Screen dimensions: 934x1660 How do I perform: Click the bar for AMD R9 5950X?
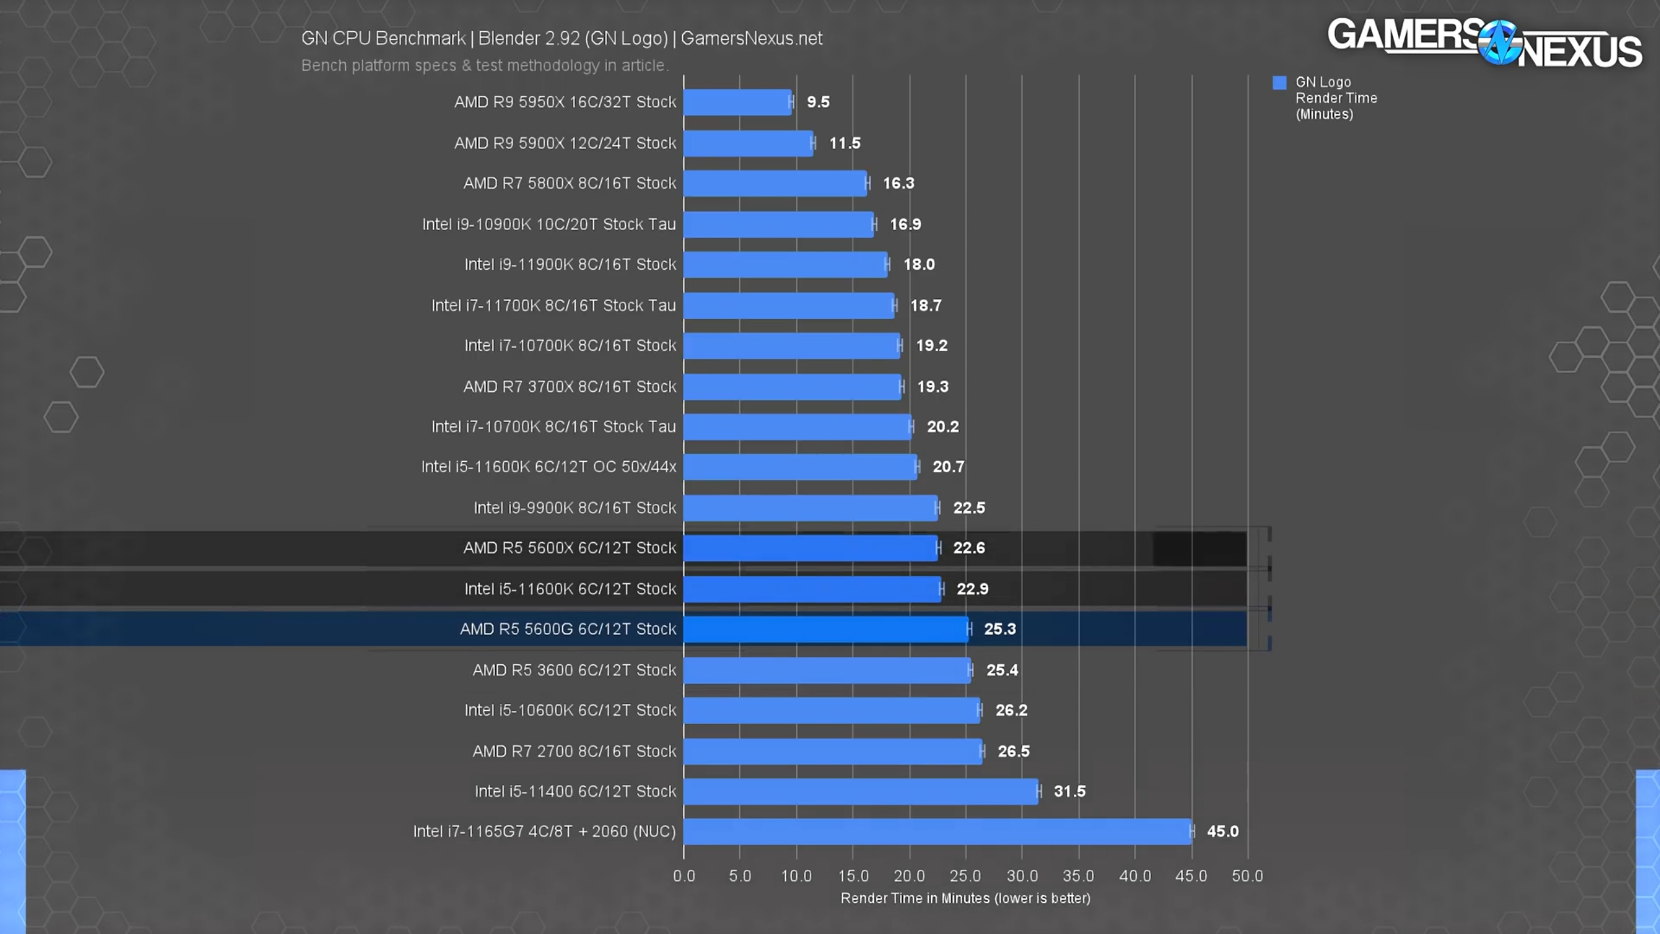coord(737,102)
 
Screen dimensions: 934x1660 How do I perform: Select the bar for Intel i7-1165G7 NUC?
coord(937,832)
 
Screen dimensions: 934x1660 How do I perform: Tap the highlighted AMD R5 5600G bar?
coord(825,629)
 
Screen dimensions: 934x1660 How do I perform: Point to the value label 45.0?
coord(1222,832)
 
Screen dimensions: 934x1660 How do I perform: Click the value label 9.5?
coord(818,102)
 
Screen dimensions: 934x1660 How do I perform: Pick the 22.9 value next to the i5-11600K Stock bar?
coord(972,589)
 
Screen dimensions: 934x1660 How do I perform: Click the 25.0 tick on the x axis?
coord(965,876)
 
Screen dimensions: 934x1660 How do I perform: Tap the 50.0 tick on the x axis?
coord(1247,876)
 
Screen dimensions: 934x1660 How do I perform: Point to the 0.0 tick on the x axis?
coord(683,876)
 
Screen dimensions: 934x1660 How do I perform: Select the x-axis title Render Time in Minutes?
coord(965,898)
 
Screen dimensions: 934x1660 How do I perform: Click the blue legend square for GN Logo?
coord(1279,83)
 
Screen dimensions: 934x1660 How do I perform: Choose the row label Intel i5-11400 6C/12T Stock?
coord(575,791)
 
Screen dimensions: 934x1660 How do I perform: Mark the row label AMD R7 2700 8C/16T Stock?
coord(574,751)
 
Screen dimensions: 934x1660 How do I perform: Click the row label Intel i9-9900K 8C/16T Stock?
coord(575,508)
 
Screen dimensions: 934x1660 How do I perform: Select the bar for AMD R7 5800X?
coord(775,184)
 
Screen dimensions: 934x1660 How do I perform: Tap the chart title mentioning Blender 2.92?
coord(562,39)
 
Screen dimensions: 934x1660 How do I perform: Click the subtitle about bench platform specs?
coord(484,66)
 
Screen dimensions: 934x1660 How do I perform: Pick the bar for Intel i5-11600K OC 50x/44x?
coord(800,467)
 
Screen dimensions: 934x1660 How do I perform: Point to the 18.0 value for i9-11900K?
coord(919,265)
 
